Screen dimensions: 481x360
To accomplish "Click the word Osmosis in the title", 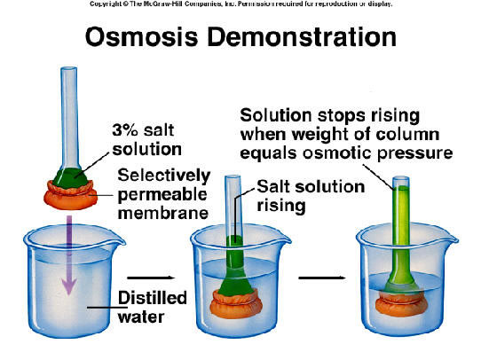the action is (141, 37).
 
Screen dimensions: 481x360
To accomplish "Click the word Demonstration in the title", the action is (302, 36).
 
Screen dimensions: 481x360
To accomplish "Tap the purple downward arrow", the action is (69, 254).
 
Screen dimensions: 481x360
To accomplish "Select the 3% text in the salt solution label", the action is (125, 130).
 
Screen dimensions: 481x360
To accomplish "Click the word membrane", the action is (163, 213).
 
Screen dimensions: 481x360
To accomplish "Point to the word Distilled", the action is (153, 298).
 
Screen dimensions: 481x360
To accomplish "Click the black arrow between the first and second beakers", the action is (151, 278).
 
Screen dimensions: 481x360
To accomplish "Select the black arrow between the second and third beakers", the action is (322, 278).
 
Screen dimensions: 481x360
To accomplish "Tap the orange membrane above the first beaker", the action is (71, 195).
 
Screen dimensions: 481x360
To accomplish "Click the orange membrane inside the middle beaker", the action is (236, 303).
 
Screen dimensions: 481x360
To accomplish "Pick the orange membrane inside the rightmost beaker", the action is (401, 304).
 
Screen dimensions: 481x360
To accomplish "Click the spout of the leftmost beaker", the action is (118, 240).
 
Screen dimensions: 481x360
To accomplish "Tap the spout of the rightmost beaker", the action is (451, 238).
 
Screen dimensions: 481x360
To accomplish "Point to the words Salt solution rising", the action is (311, 196).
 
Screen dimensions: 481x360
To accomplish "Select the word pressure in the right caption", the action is (414, 153).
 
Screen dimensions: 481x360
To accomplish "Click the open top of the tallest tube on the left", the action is (68, 69).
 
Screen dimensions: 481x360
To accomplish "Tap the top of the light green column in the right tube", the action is (401, 187).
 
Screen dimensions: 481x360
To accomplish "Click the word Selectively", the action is (164, 176).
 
